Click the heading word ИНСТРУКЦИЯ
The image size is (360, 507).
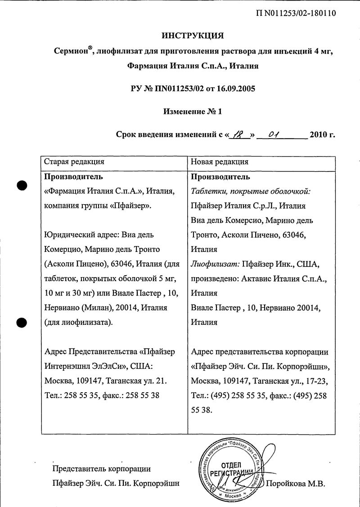click(192, 35)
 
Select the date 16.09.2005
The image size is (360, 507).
click(237, 89)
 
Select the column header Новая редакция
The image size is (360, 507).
click(220, 162)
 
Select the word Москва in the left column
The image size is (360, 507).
click(59, 381)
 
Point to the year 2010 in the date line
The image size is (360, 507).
click(319, 134)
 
